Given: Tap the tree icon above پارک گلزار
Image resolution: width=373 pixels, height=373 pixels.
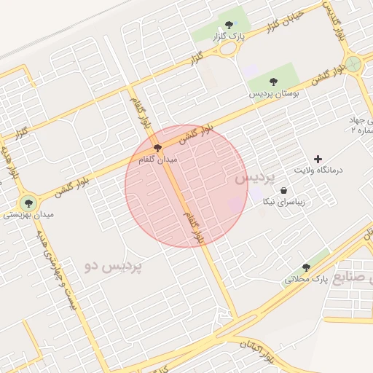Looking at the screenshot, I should point(231,23).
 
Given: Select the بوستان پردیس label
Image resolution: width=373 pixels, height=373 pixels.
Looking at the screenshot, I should point(272,94).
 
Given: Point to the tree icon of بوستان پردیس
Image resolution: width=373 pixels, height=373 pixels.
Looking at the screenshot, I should point(273,82).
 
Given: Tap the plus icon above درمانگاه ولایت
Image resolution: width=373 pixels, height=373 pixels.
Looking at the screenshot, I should point(317,158).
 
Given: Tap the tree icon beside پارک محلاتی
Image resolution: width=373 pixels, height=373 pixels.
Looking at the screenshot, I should point(306,267).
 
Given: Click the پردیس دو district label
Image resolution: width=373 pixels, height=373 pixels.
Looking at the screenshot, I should point(114,266).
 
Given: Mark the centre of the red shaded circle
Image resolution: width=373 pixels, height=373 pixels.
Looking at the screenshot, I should point(186,186).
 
